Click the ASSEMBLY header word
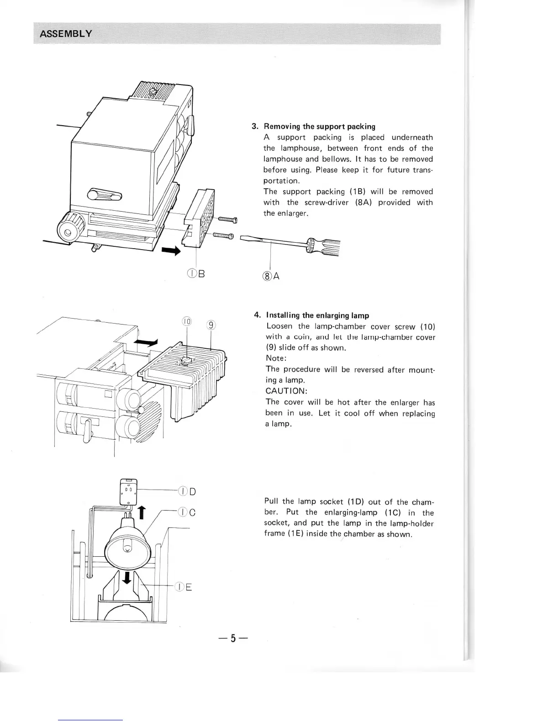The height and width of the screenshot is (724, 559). tap(66, 34)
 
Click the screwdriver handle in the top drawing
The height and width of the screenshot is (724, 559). tap(326, 247)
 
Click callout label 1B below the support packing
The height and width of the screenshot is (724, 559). tap(196, 274)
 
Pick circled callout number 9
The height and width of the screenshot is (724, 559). tap(211, 325)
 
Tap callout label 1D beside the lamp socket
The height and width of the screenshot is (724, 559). tap(187, 492)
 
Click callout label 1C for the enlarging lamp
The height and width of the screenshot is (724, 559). tap(187, 512)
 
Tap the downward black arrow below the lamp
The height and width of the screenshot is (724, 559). tap(127, 577)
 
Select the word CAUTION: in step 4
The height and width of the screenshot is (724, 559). tap(286, 391)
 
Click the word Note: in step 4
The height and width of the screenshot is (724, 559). tap(276, 358)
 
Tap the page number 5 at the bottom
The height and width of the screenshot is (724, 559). tap(232, 639)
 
